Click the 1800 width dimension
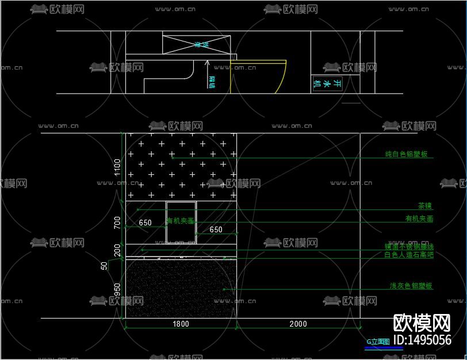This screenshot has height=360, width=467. click(x=181, y=324)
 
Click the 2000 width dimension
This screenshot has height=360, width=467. click(x=298, y=324)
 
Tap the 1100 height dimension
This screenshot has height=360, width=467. click(x=118, y=167)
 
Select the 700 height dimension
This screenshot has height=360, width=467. click(x=118, y=223)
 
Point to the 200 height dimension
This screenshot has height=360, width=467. click(x=118, y=250)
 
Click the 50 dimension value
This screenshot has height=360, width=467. click(x=104, y=266)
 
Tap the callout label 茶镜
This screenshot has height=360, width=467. click(x=424, y=206)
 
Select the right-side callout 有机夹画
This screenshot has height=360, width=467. click(x=419, y=219)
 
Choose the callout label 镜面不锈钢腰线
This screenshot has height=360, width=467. click(x=409, y=247)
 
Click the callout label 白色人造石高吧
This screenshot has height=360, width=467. click(x=408, y=254)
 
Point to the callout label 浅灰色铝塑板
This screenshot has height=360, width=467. click(x=411, y=286)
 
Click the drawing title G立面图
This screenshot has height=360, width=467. click(x=378, y=341)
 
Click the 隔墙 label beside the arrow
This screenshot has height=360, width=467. click(x=212, y=82)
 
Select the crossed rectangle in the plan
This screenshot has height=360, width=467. click(x=197, y=44)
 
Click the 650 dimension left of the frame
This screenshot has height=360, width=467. click(x=145, y=223)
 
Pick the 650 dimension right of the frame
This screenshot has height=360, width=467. click(x=216, y=229)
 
